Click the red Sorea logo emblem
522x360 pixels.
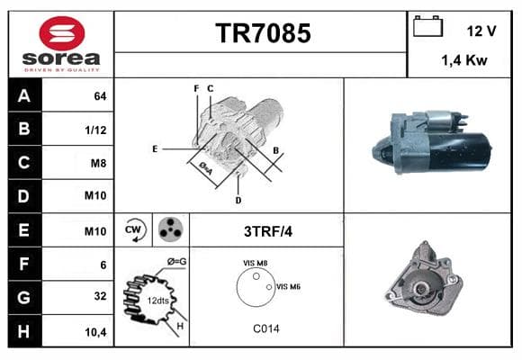coord(62,33)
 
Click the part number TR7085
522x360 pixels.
coord(263,33)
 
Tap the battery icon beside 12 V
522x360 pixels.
coord(427,26)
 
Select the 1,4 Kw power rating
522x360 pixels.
coord(464,60)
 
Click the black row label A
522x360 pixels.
coord(24,95)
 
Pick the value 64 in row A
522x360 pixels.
coord(100,96)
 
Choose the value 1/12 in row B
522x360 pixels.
coord(96,130)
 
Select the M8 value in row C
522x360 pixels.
coord(98,163)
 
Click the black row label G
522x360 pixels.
coord(24,297)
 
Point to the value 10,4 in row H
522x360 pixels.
coord(96,332)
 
